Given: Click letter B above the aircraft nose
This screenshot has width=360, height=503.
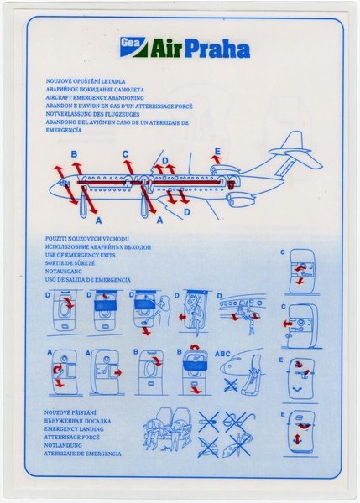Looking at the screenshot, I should pyautogui.click(x=74, y=153).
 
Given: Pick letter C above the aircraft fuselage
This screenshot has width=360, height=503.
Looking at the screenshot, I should pyautogui.click(x=126, y=153).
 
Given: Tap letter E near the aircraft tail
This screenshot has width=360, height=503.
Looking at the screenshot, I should pyautogui.click(x=217, y=152).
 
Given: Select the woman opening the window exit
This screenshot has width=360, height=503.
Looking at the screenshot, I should pyautogui.click(x=164, y=314).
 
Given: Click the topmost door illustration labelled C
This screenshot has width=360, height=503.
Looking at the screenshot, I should pyautogui.click(x=300, y=271).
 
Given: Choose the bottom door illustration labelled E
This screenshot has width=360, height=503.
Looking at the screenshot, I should pyautogui.click(x=300, y=433).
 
